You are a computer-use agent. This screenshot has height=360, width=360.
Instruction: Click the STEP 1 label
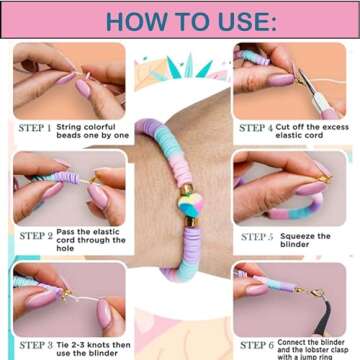(x=36, y=128)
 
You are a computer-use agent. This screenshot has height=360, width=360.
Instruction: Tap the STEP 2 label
(x=36, y=236)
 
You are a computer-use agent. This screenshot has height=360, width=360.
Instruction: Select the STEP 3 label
(x=36, y=345)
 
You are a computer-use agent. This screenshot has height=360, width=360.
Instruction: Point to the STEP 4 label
(x=258, y=128)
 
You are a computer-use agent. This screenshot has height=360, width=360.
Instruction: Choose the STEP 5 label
(x=257, y=237)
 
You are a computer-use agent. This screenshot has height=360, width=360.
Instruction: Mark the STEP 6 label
(x=258, y=345)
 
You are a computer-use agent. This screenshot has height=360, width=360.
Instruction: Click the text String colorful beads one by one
(x=93, y=133)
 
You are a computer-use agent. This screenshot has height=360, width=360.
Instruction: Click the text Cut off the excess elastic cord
(x=314, y=133)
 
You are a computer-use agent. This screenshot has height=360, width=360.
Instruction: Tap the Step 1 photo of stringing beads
(x=69, y=80)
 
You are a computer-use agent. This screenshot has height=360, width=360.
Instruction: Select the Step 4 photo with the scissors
(x=290, y=80)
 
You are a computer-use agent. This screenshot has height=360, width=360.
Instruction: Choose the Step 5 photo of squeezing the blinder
(x=290, y=189)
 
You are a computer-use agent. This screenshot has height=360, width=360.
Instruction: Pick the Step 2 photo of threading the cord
(x=69, y=189)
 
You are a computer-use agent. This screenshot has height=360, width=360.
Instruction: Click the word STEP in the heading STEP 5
(x=252, y=237)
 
